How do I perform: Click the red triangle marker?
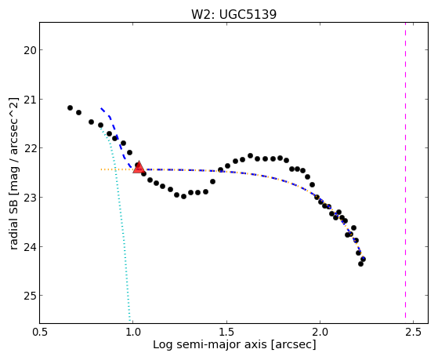(x=139, y=168)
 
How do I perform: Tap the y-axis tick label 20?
(x=28, y=50)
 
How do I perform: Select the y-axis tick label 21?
(x=28, y=100)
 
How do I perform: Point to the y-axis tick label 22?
(x=28, y=148)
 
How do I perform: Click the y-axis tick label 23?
(x=28, y=198)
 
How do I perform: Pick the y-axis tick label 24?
(x=28, y=247)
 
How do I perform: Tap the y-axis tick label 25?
(x=28, y=296)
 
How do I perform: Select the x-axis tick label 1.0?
(x=133, y=333)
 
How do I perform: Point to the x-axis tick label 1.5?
(x=226, y=333)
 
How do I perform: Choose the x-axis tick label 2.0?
(x=320, y=333)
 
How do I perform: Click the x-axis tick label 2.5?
(x=414, y=333)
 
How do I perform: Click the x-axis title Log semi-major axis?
(x=210, y=344)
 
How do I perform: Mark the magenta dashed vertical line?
(x=405, y=173)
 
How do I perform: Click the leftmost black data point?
(x=70, y=108)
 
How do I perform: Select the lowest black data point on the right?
(x=360, y=264)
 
